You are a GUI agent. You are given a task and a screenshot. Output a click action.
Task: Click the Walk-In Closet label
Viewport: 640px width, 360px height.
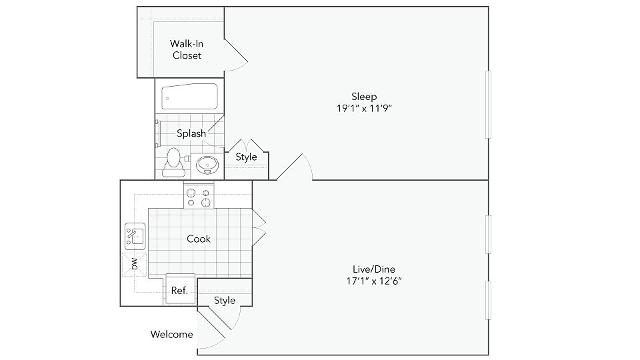coord(187,50)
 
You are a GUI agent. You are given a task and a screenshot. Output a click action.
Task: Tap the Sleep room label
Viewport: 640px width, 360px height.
coord(364,96)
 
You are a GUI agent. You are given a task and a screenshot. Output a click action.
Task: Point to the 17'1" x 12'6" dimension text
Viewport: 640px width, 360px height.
coord(369,281)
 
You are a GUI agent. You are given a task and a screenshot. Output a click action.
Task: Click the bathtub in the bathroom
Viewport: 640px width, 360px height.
coord(190,97)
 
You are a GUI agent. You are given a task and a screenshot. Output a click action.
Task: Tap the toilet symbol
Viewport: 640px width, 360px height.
coord(173,161)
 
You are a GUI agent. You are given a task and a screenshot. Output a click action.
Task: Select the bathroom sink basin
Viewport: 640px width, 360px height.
coord(206,164)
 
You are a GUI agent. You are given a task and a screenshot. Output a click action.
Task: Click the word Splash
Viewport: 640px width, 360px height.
coord(191,133)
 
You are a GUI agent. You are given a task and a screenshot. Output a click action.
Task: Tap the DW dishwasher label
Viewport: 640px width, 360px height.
coord(134,265)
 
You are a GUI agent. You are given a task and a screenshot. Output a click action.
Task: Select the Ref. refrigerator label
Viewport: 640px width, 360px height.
coord(179,291)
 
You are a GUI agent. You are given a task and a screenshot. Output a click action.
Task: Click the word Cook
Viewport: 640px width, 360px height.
coord(199,239)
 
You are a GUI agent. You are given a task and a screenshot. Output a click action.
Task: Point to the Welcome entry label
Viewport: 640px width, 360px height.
coord(171,335)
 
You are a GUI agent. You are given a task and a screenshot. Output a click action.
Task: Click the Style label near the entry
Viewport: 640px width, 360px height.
coord(225,301)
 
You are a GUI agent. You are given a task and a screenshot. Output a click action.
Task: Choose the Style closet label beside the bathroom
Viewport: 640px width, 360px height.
coord(246,157)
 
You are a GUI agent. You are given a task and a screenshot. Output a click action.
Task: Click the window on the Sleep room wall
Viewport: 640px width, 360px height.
coord(489,104)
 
